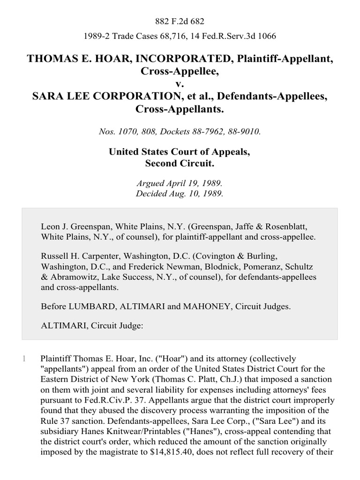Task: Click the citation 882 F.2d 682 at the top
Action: pyautogui.click(x=180, y=21)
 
